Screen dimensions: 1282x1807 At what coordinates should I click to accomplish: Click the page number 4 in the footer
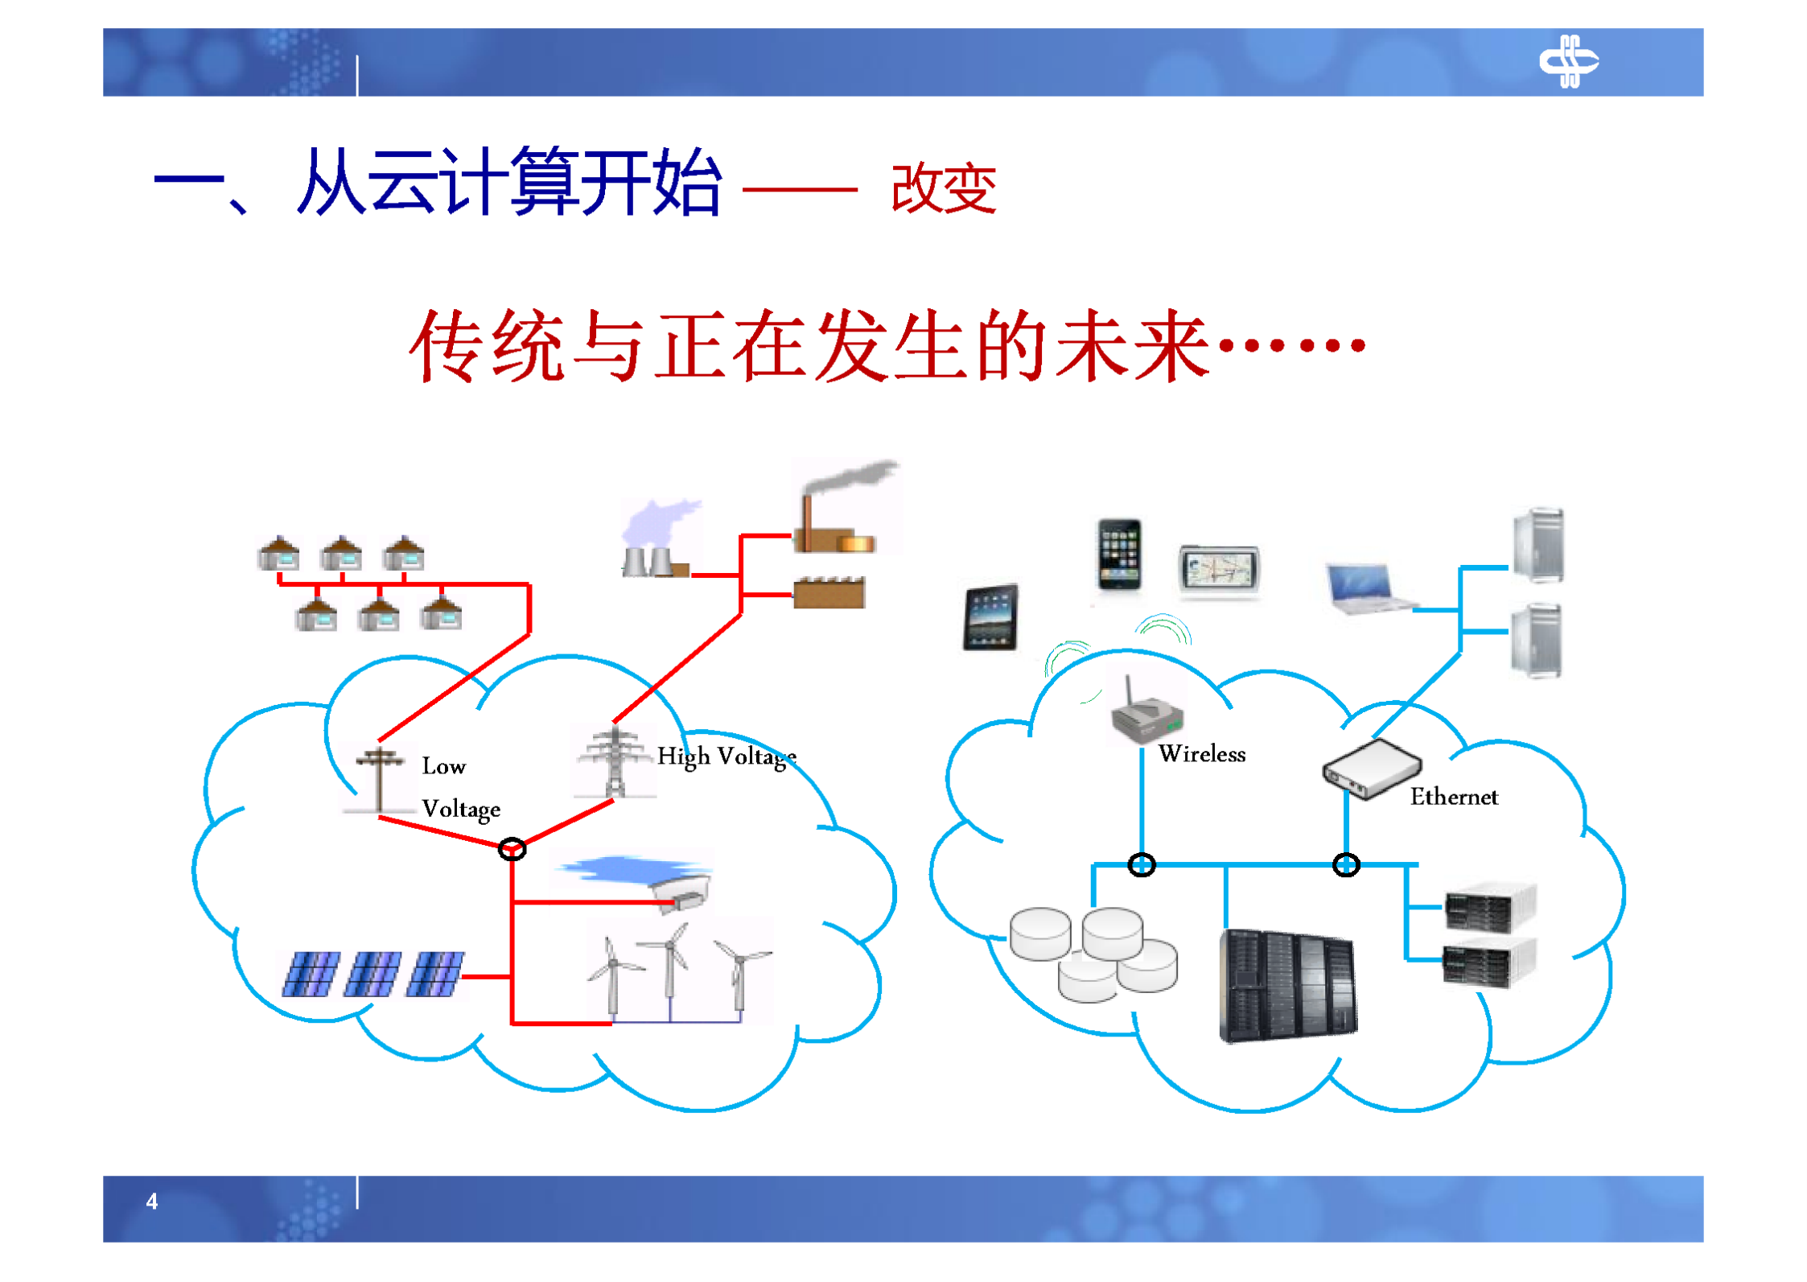151,1202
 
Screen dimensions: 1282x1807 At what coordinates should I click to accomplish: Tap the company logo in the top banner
1568,61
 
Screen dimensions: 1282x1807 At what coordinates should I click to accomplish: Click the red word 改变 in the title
944,188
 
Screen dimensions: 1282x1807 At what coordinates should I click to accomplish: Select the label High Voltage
727,756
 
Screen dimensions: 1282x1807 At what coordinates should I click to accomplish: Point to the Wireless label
1201,754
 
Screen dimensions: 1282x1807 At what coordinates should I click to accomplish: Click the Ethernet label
1453,797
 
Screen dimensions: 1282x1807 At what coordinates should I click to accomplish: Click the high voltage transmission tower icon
615,762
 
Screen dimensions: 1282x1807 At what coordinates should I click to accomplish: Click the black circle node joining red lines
512,849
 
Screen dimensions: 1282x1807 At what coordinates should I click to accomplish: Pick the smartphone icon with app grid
1119,554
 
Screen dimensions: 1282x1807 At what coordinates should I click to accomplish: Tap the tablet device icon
990,617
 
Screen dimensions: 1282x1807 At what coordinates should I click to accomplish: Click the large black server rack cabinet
1286,985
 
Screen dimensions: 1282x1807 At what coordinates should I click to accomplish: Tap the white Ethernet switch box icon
1371,769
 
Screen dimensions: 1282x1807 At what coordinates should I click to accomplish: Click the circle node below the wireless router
1141,865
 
